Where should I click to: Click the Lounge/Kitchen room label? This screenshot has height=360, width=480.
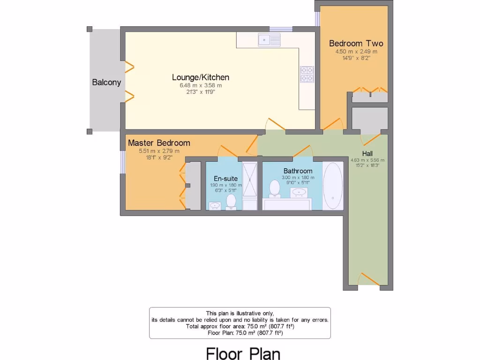[x=200, y=77]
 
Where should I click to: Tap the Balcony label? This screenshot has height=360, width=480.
[x=106, y=82]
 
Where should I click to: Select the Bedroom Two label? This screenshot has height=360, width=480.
[x=356, y=44]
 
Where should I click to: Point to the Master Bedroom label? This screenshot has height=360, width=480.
[x=159, y=143]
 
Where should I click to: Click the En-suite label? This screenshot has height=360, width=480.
[x=225, y=179]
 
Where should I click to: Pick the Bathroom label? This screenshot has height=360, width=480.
[x=298, y=171]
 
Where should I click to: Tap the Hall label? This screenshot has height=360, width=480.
[x=367, y=154]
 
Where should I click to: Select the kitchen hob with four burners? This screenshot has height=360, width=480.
[x=307, y=74]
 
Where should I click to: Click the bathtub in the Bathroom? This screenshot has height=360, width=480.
[x=333, y=186]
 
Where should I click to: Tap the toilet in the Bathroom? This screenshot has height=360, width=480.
[x=274, y=188]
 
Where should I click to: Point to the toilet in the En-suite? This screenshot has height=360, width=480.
[x=231, y=202]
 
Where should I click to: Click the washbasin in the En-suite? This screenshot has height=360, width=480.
[x=215, y=205]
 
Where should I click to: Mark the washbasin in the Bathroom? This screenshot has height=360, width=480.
[x=299, y=192]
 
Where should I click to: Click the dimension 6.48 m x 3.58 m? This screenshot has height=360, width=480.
[x=200, y=86]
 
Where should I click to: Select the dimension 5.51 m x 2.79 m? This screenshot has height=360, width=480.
[x=158, y=151]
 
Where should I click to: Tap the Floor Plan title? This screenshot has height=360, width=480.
[x=243, y=352]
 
